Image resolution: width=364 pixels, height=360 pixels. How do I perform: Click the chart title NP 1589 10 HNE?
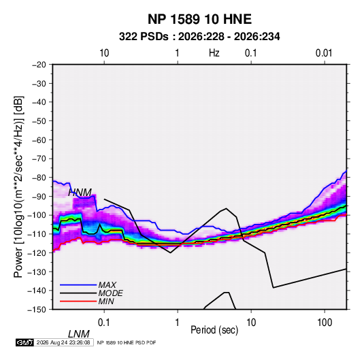(199, 19)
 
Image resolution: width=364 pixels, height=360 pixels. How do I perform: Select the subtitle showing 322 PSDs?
(199, 37)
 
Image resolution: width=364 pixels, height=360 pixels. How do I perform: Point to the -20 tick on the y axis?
(39, 65)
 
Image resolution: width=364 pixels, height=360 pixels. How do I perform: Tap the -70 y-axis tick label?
(39, 159)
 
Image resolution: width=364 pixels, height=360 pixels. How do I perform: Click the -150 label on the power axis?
(37, 310)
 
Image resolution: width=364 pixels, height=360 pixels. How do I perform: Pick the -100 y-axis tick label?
(37, 215)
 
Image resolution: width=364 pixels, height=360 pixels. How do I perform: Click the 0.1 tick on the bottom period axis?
(104, 323)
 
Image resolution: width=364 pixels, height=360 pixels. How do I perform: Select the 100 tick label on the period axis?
(325, 323)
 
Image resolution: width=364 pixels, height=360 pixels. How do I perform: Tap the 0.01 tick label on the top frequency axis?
(324, 53)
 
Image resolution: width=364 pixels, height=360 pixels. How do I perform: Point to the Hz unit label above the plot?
(214, 53)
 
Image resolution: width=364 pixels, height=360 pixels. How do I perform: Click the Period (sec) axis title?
(214, 330)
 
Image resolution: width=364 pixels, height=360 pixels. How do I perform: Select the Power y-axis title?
(18, 187)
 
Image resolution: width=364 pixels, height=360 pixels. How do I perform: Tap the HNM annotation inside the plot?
(80, 193)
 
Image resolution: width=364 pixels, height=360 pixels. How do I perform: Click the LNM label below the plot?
(79, 334)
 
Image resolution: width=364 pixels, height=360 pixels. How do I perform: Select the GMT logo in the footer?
(25, 342)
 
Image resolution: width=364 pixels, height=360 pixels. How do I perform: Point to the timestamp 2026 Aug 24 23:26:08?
(63, 342)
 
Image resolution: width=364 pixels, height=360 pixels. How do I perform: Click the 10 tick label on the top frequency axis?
(104, 53)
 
